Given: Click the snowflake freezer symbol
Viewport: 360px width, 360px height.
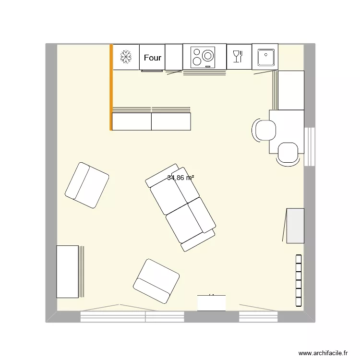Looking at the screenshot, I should click(126, 57).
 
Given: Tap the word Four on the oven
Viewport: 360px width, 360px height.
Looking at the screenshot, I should click(153, 58).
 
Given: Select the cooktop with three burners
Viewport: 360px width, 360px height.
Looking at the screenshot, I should click(204, 57).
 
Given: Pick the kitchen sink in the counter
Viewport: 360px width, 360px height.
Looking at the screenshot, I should click(265, 57).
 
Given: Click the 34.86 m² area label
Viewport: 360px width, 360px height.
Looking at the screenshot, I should click(180, 178).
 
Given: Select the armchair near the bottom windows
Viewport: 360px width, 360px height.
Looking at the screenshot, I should click(156, 281).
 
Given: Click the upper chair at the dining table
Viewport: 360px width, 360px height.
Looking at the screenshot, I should click(264, 130).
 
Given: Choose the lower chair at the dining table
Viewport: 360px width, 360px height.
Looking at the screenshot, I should click(288, 154).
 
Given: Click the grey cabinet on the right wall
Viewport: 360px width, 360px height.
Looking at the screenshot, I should click(295, 226).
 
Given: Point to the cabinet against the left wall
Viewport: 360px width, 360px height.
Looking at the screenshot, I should click(67, 271).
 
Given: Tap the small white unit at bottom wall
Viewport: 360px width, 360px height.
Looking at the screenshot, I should click(211, 302).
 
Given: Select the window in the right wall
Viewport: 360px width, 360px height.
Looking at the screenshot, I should click(310, 146).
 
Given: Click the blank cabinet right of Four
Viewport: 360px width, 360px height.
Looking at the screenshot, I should click(174, 57).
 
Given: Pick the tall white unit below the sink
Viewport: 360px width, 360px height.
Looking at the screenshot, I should click(291, 90).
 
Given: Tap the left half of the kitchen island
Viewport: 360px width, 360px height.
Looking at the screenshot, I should click(132, 121).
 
